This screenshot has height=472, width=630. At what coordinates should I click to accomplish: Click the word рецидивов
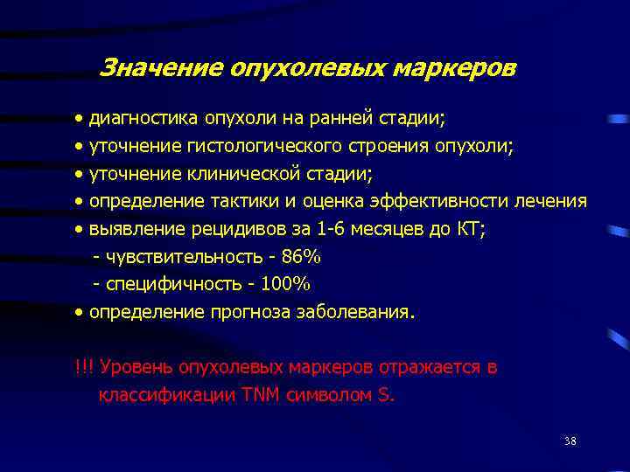pos(224,229)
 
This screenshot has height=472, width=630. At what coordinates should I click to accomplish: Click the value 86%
pos(302,257)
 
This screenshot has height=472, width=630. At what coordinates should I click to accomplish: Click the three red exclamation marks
pos(85,366)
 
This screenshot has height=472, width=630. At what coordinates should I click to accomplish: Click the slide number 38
pos(570,441)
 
